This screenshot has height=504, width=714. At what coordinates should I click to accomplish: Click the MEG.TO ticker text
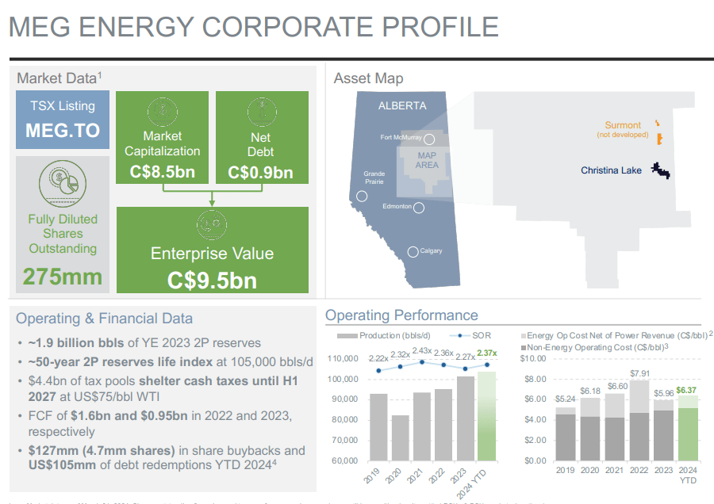63,130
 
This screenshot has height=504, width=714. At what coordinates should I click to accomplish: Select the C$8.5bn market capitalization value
162,172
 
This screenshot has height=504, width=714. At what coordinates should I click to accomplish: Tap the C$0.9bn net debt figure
260,172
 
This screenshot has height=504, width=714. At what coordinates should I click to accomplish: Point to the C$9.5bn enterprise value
212,280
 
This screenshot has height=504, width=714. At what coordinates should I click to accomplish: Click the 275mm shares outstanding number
63,276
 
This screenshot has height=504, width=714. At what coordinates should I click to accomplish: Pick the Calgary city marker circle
413,252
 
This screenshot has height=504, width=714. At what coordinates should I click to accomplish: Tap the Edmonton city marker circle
419,208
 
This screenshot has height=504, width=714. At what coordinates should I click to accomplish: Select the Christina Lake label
611,170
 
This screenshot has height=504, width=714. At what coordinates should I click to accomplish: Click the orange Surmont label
623,125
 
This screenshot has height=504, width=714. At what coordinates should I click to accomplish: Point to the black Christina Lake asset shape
658,170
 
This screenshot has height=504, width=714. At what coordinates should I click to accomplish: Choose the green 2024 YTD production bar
487,415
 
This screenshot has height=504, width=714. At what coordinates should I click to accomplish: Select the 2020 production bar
401,437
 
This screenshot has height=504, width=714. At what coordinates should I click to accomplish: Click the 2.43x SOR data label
422,351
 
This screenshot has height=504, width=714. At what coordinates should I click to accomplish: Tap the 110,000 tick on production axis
344,359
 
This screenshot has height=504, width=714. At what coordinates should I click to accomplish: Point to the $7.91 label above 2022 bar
639,372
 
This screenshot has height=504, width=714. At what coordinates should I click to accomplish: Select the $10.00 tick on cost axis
533,358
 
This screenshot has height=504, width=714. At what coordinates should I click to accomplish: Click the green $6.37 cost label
687,391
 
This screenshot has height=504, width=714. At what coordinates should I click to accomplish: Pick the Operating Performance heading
402,315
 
